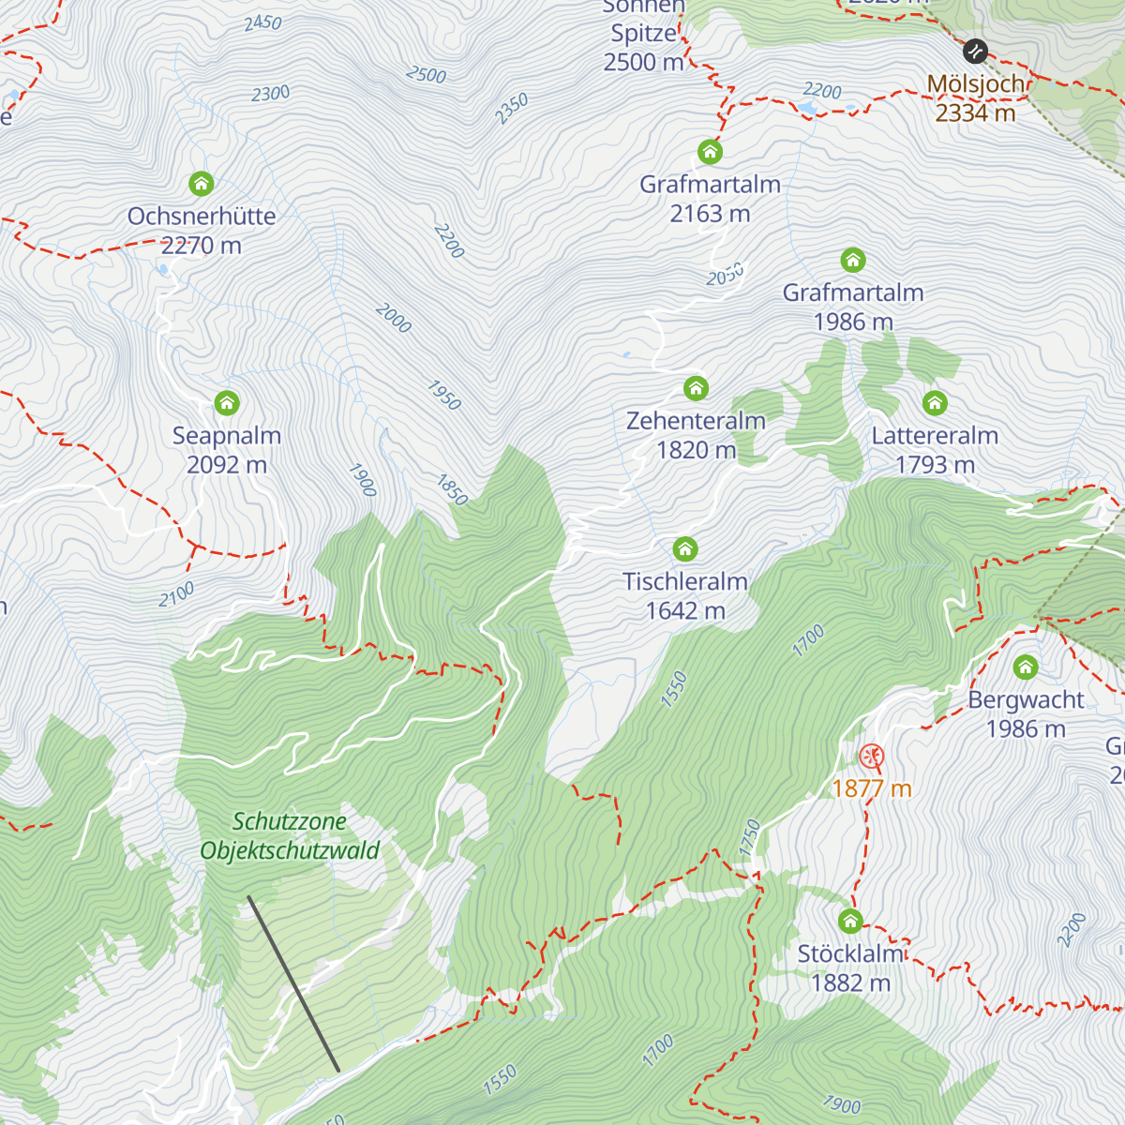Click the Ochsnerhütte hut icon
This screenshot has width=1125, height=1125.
click(x=201, y=183)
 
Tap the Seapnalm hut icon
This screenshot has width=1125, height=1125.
click(x=227, y=403)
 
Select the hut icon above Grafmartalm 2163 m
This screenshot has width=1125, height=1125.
click(x=710, y=151)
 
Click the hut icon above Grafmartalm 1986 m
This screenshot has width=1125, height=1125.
click(x=852, y=260)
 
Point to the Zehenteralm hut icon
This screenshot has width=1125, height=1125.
click(x=696, y=388)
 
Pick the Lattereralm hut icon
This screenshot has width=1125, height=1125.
click(x=935, y=403)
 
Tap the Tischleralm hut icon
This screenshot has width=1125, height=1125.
click(x=685, y=548)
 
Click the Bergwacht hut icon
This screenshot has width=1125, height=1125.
click(x=1026, y=667)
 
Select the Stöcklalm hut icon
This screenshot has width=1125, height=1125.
click(x=850, y=921)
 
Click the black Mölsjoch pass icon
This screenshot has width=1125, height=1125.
click(x=975, y=50)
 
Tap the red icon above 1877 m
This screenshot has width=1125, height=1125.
click(x=871, y=756)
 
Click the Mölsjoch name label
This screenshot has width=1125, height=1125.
click(x=977, y=84)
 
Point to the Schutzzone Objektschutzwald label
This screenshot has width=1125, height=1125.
click(x=290, y=836)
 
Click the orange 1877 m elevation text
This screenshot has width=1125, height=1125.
click(x=871, y=788)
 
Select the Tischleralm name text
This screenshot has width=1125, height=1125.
click(x=685, y=581)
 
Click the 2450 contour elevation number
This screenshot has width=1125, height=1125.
click(x=262, y=22)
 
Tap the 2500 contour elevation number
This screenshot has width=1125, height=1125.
click(x=427, y=74)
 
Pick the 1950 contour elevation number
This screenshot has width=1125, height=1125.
click(x=444, y=395)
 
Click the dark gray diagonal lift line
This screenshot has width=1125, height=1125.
click(x=293, y=983)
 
